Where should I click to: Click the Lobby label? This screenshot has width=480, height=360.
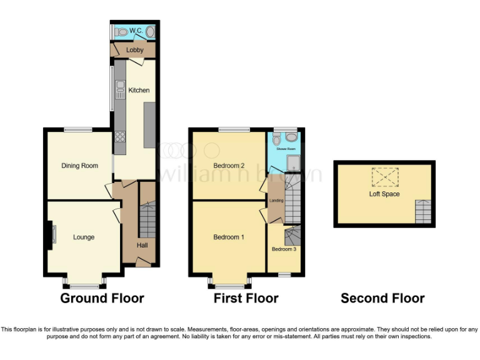[135, 50]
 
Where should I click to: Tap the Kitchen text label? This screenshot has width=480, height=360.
[139, 91]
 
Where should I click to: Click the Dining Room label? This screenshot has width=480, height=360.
[79, 166]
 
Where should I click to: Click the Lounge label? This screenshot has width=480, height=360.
[84, 237]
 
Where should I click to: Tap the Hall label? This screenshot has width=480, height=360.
[142, 245]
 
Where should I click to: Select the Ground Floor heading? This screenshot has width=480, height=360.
[102, 299]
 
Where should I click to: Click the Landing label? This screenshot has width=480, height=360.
[276, 201]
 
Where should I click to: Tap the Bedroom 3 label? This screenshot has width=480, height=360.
[284, 249]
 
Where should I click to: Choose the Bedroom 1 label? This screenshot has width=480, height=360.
[229, 237]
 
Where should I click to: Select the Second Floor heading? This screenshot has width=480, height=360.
[382, 299]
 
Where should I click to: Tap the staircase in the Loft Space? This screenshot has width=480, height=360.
[423, 212]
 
